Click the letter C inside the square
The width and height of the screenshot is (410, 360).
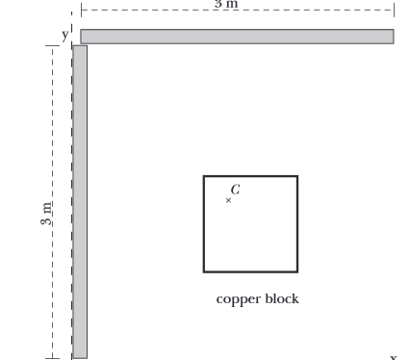pos(236,190)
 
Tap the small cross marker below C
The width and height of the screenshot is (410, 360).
pos(228,200)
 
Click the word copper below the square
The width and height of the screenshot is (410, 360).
pos(235,299)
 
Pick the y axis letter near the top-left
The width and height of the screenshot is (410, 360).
pos(65,35)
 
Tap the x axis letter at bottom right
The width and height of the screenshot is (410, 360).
pos(393,356)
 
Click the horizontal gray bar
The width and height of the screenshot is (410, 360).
pos(237,37)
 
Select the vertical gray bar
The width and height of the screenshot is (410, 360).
pos(80,201)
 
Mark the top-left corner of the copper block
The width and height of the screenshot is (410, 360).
pos(204,177)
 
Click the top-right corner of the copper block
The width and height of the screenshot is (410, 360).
pos(297,177)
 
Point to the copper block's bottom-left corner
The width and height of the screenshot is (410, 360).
pos(204,271)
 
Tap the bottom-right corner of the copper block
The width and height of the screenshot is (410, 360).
pos(297,271)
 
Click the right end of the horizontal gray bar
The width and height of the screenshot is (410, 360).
pos(392,37)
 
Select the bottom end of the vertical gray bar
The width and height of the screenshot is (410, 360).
pos(80,356)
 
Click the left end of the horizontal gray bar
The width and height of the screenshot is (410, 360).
pos(83,37)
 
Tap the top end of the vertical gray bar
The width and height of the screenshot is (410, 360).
pos(80,47)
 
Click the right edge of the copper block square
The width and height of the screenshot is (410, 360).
pos(297,224)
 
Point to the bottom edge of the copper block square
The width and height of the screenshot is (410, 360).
pos(250,271)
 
